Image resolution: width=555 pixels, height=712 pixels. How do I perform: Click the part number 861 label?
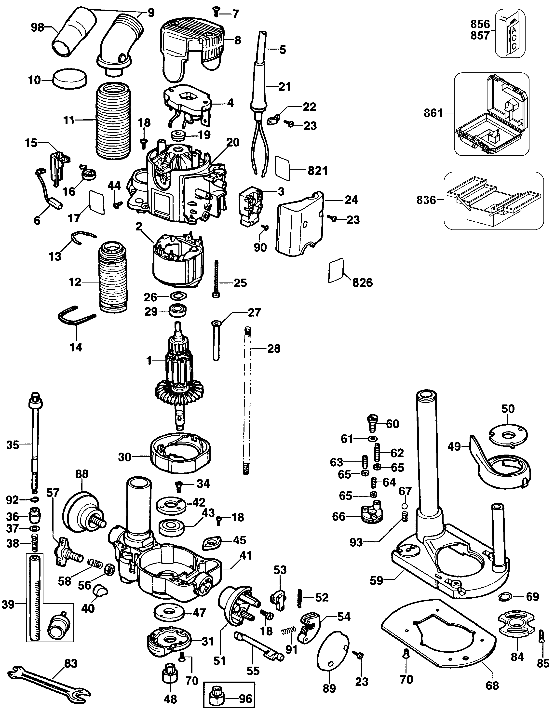[433, 113]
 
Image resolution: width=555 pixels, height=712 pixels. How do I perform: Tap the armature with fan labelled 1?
[179, 375]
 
